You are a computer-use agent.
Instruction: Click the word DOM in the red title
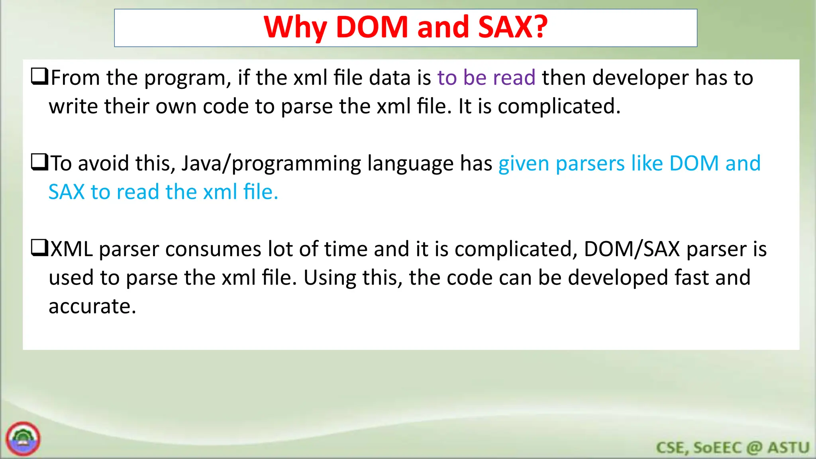[372, 27]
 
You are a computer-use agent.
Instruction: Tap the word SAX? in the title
[513, 27]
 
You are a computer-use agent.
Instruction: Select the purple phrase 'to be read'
[486, 77]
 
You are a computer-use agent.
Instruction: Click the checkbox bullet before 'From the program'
[39, 76]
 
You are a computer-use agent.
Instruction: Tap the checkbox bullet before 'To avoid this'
[39, 162]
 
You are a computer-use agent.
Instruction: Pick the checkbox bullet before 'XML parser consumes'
[39, 247]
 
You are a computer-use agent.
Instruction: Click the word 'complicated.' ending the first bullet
[559, 107]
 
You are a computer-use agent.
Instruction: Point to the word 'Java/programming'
[271, 164]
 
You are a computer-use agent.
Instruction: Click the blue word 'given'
[524, 164]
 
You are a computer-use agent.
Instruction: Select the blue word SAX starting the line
[67, 192]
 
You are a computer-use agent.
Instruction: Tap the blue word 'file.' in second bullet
[261, 192]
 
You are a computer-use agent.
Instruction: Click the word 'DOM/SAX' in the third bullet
[632, 249]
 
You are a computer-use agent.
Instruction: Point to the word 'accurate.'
[92, 307]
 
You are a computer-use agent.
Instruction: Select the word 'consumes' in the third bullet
[213, 249]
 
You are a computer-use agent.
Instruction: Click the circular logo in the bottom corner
[23, 439]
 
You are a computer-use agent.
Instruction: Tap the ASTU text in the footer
[788, 448]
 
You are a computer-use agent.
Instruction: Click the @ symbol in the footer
[754, 448]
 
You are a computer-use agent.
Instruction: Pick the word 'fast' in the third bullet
[691, 278]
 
